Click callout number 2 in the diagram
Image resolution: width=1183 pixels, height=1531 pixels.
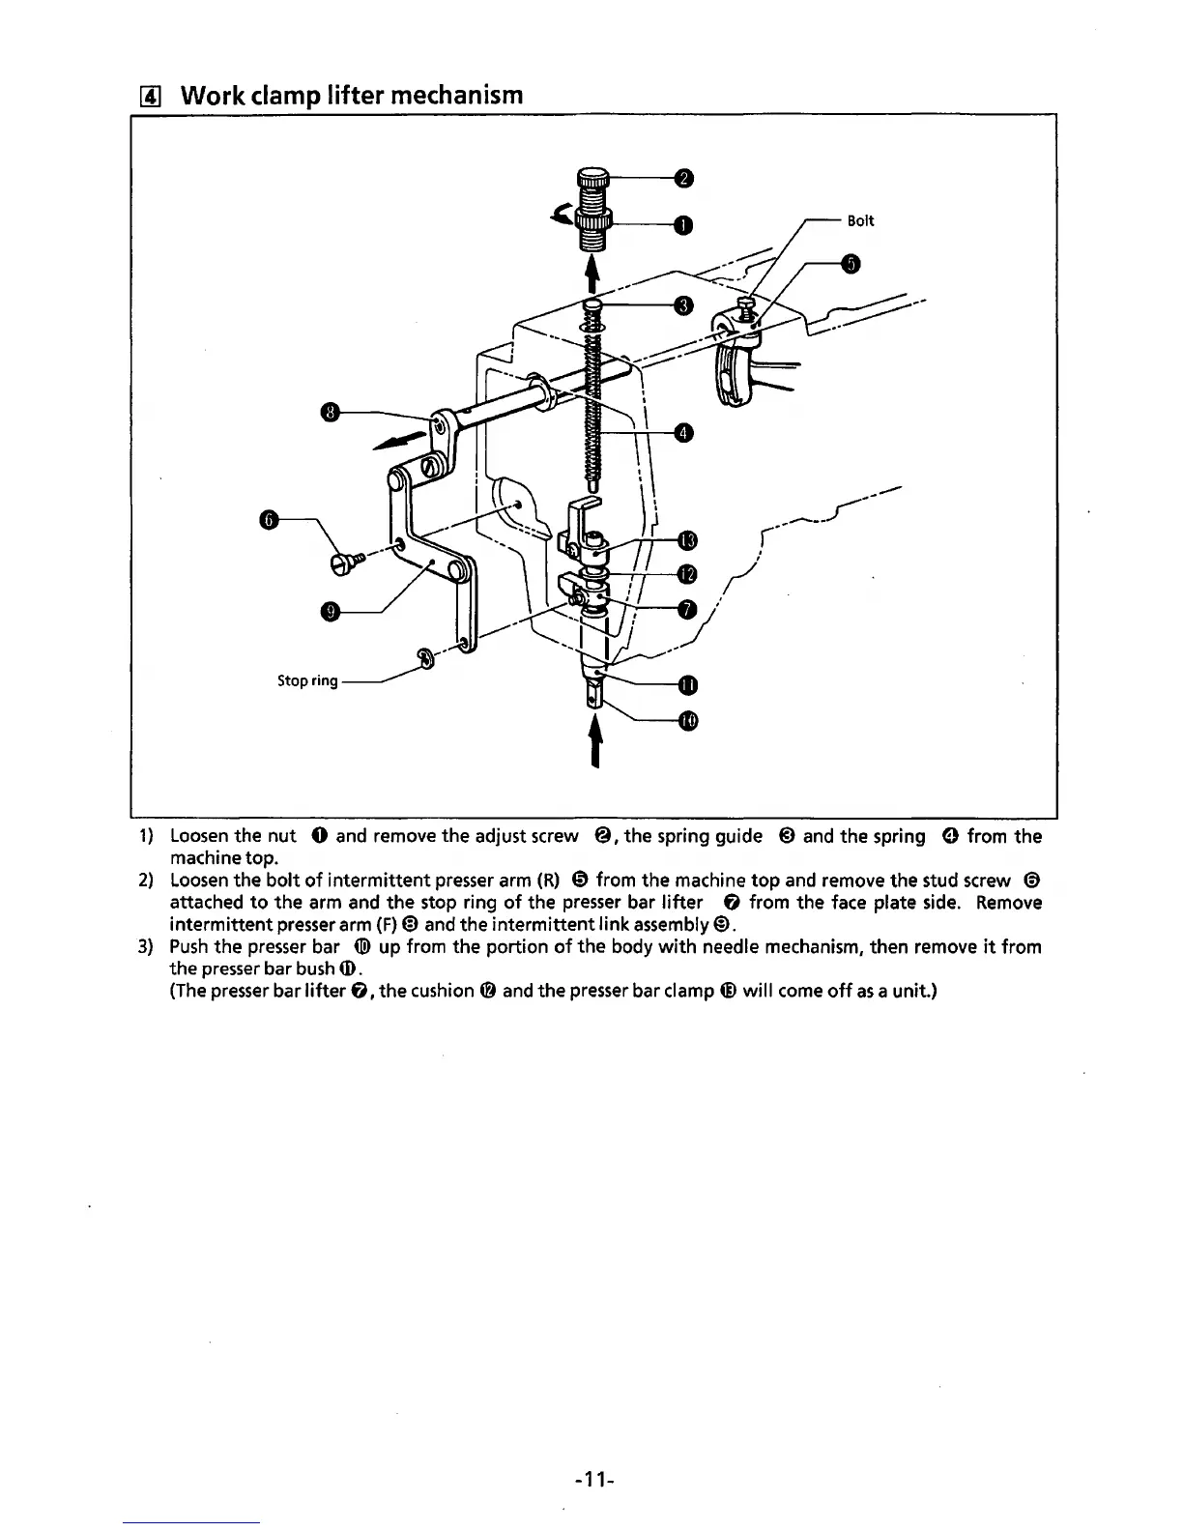683,178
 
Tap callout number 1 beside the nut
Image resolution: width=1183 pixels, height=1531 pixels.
683,225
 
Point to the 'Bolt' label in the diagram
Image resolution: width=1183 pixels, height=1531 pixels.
860,220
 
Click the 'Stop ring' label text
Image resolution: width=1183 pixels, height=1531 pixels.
307,680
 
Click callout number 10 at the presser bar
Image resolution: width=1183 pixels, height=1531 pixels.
687,721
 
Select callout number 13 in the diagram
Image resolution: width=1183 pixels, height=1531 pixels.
687,539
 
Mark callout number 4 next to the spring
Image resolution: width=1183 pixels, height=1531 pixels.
683,432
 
